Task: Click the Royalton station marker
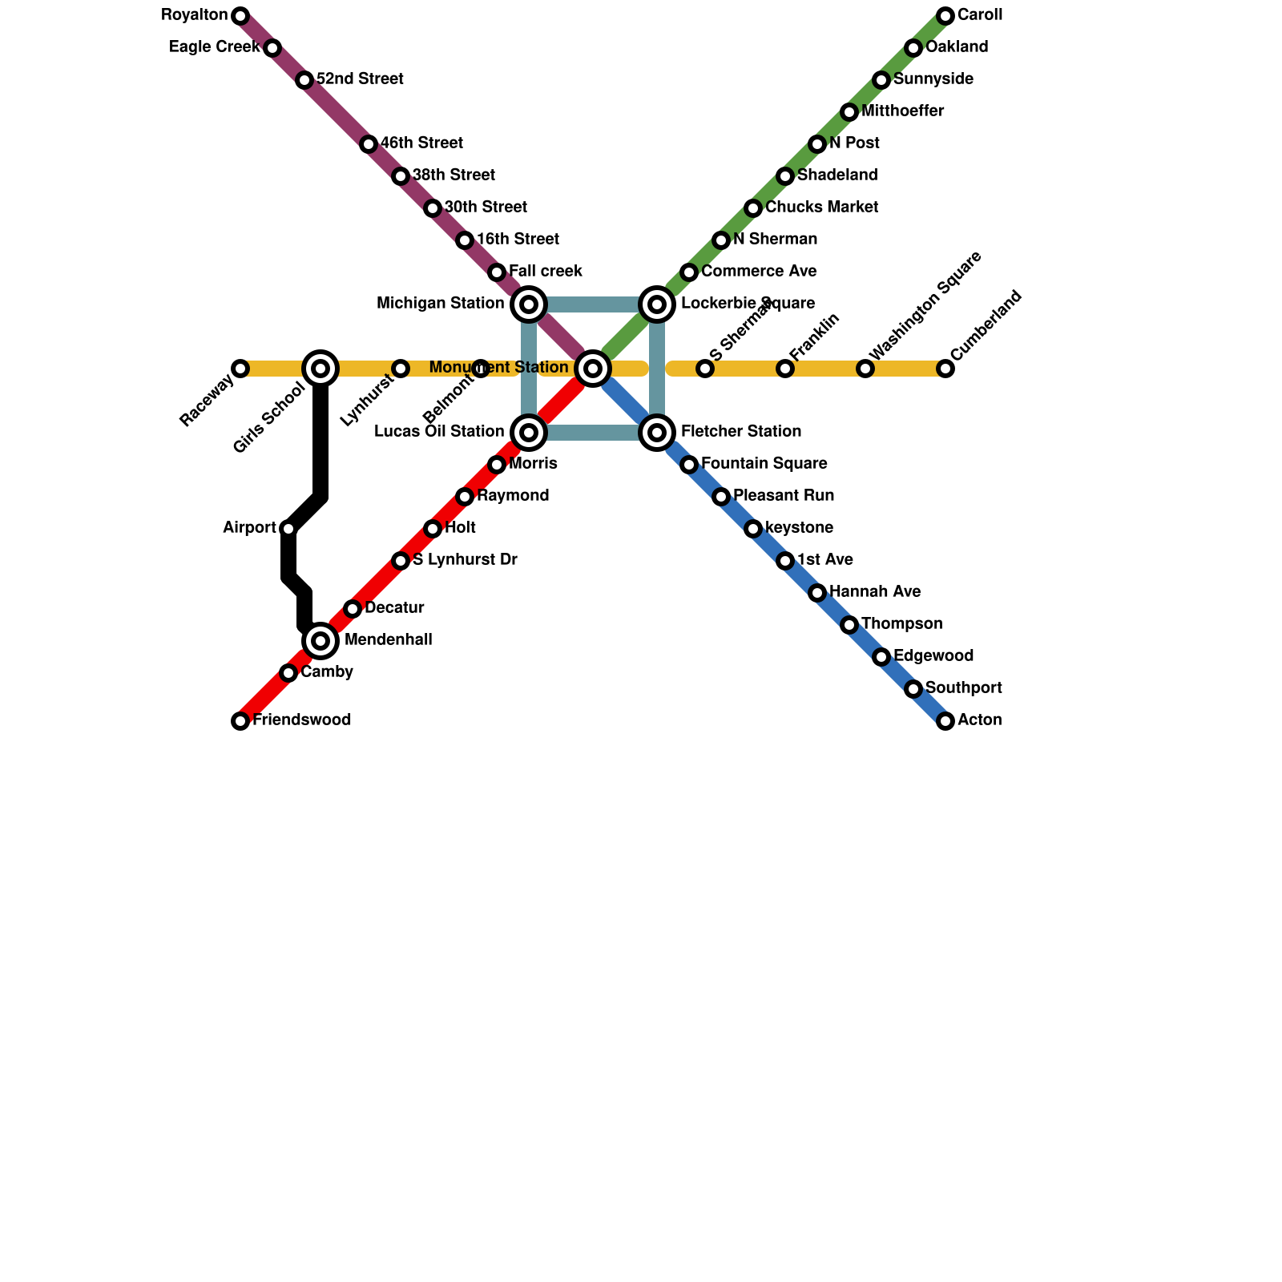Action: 240,16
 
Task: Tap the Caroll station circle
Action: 945,16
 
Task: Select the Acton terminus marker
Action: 945,721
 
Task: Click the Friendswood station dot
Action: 240,721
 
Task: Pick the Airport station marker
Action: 288,529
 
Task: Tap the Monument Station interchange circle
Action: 593,369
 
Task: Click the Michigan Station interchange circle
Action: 529,304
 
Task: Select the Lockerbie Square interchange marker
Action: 657,304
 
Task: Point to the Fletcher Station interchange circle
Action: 657,433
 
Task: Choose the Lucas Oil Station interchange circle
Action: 529,433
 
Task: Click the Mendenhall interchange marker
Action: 320,641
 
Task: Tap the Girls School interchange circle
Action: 320,369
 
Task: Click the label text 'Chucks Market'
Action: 821,208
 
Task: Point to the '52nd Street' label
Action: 360,79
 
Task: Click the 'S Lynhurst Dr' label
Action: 465,560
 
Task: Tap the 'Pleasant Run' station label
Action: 784,496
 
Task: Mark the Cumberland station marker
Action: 945,369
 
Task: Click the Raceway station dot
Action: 240,369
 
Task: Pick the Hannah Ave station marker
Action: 817,593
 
